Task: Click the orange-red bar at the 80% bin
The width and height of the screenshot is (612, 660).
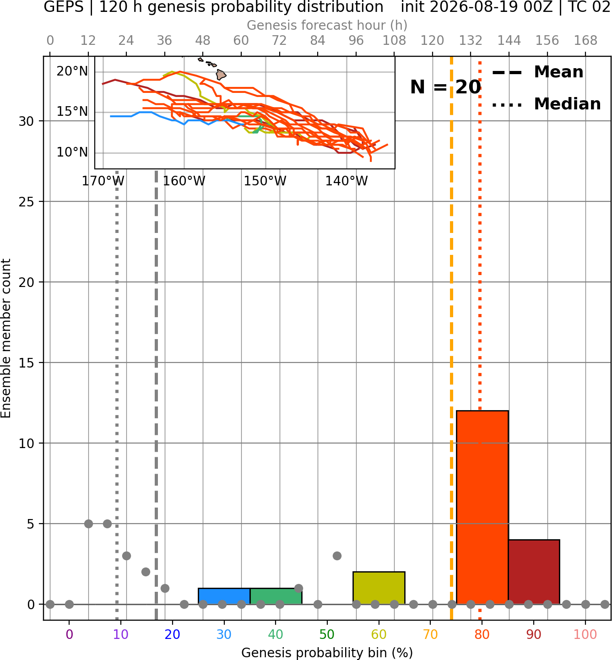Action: pos(482,507)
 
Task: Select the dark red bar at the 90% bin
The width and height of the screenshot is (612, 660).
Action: pos(534,572)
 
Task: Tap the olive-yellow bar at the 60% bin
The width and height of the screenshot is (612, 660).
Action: pos(379,588)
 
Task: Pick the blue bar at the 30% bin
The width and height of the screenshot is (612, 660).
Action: pos(224,596)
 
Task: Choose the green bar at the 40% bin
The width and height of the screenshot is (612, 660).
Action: pos(276,596)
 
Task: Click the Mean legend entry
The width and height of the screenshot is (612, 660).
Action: pos(537,72)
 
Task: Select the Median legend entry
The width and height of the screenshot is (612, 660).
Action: pos(546,104)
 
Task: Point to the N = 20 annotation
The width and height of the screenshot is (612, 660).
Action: pos(445,87)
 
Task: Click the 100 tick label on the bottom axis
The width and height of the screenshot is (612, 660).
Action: pos(585,634)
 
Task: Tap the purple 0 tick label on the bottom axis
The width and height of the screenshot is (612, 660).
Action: pos(69,634)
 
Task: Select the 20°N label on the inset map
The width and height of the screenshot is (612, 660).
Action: pos(72,71)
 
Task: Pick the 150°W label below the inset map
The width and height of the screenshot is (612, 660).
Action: pos(265,181)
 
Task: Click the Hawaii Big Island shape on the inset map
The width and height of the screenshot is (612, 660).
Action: pos(221,75)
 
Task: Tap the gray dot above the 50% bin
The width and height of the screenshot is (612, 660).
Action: pos(337,556)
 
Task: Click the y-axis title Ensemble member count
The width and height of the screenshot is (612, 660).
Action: pos(6,338)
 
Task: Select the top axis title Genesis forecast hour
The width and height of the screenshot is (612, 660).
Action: pos(327,25)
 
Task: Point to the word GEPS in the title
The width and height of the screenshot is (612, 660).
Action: pos(64,7)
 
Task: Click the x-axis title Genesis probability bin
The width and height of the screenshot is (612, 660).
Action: pos(327,653)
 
